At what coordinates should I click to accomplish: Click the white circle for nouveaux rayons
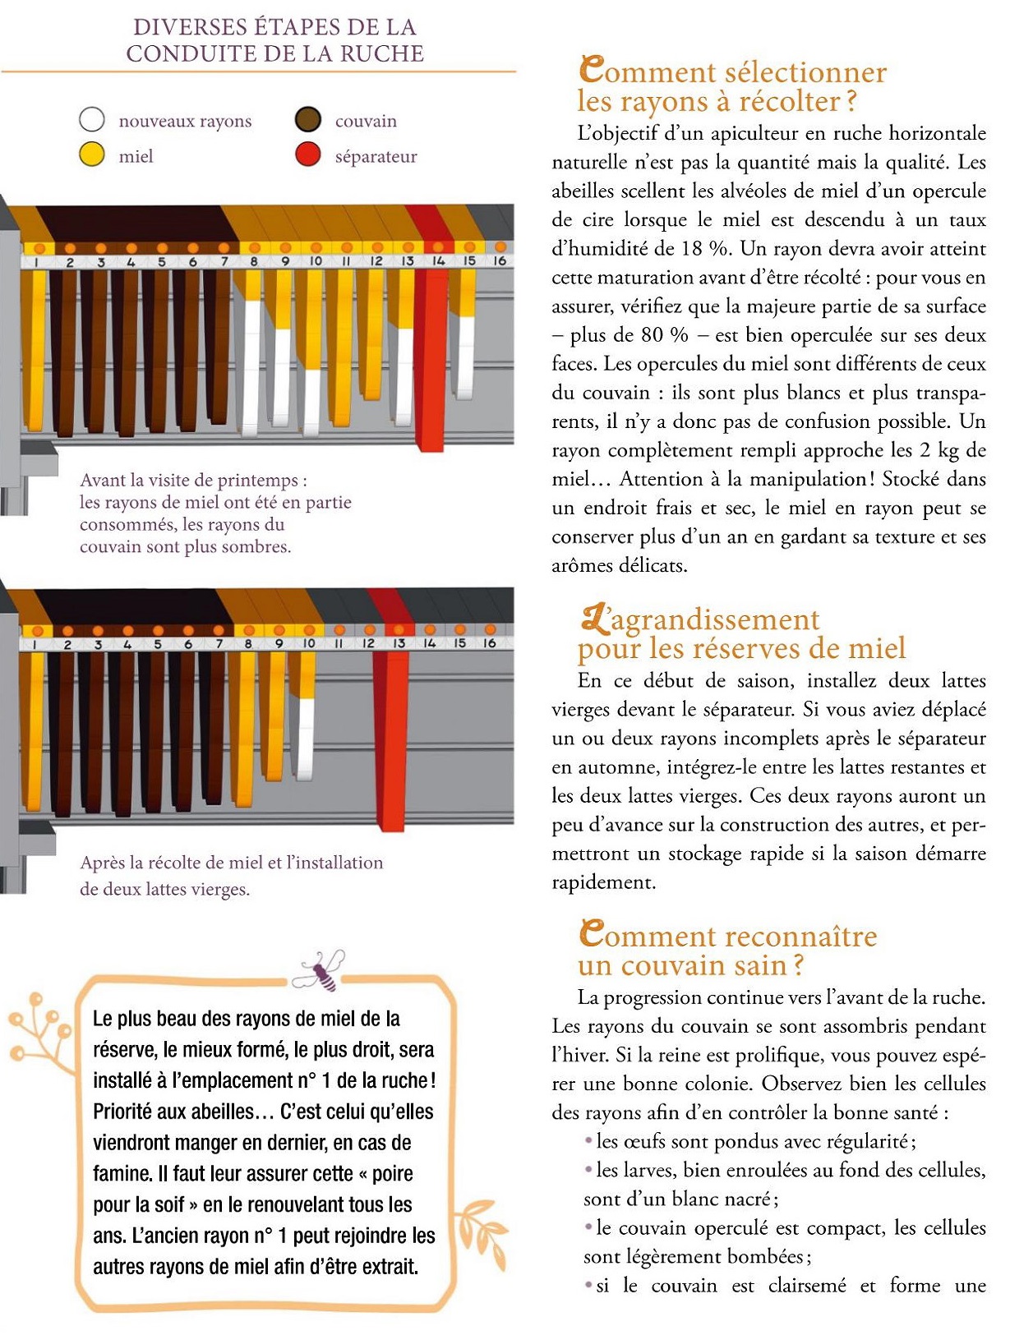[x=92, y=120]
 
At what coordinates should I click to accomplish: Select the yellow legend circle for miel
[x=92, y=154]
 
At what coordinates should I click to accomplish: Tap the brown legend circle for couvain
[x=308, y=120]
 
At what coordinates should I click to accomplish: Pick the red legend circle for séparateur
[x=308, y=154]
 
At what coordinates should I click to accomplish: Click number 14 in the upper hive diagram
[x=438, y=261]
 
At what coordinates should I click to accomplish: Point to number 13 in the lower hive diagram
[x=399, y=644]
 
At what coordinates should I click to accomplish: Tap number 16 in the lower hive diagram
[x=490, y=643]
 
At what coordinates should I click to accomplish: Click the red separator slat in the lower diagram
[x=390, y=739]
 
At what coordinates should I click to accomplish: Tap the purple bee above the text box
[x=323, y=970]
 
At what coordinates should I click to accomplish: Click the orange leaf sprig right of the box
[x=481, y=1232]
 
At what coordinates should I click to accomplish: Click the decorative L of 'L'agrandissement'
[x=593, y=618]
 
